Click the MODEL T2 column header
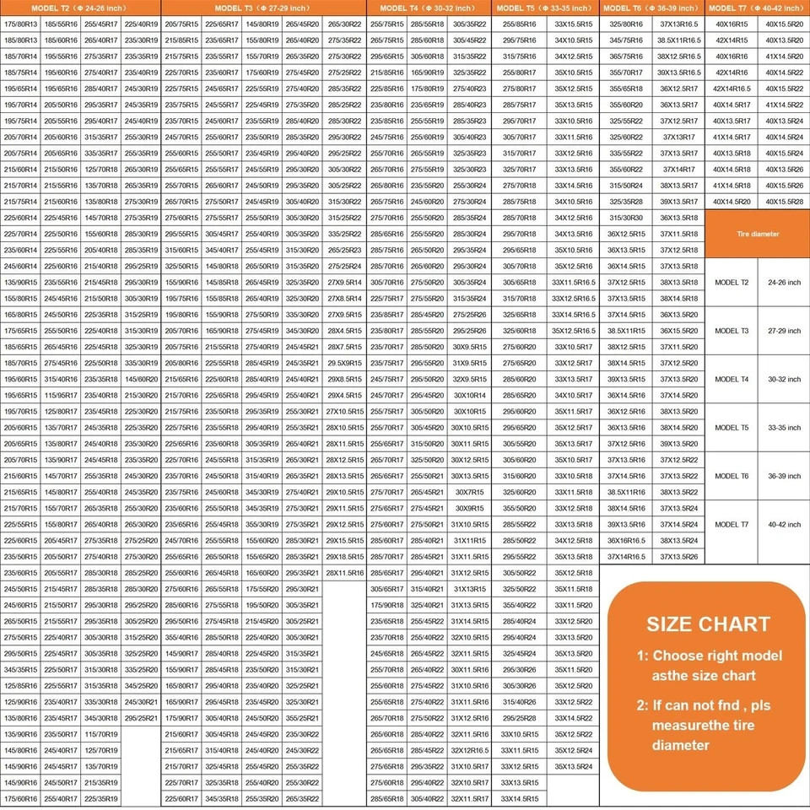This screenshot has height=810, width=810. [x=81, y=8]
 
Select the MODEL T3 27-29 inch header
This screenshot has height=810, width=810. [x=263, y=8]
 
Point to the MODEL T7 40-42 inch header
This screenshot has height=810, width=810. [x=757, y=8]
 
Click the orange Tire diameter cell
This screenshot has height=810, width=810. [x=757, y=234]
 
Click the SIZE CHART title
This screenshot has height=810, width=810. [x=708, y=624]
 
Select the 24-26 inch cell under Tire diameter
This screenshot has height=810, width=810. [x=784, y=283]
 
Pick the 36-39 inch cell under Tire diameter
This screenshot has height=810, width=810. [x=784, y=476]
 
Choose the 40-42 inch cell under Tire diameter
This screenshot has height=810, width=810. [x=784, y=524]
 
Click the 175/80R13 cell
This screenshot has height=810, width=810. [x=20, y=24]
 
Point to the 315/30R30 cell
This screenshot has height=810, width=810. [x=626, y=218]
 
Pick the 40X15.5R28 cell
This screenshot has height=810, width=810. [x=783, y=202]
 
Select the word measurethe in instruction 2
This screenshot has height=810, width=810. [x=693, y=724]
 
